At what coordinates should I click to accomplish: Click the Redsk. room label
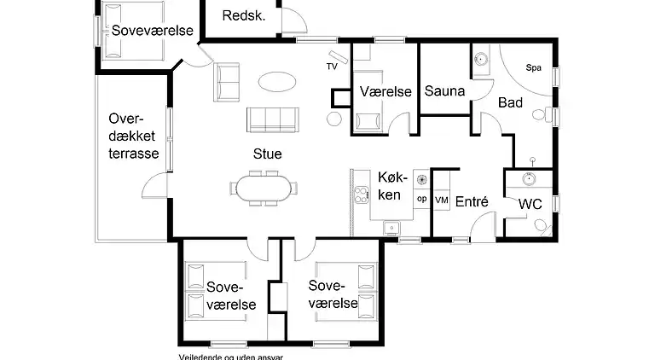click(x=244, y=15)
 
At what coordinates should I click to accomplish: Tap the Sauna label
click(x=443, y=91)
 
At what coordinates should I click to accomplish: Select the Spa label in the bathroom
click(x=534, y=67)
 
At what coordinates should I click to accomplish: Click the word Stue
click(x=266, y=154)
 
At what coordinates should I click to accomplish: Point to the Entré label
click(x=472, y=202)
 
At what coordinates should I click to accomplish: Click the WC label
click(x=530, y=205)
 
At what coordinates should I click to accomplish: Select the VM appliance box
click(x=441, y=200)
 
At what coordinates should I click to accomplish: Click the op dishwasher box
click(x=420, y=199)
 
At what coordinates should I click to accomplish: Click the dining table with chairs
click(x=264, y=189)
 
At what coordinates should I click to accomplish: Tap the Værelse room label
click(x=385, y=91)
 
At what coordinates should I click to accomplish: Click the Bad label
click(x=510, y=102)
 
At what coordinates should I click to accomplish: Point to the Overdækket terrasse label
click(x=134, y=136)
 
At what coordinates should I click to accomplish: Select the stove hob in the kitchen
click(x=420, y=179)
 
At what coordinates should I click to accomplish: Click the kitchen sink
click(x=392, y=228)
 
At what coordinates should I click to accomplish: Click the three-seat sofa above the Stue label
click(x=272, y=119)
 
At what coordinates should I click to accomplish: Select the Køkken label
click(x=389, y=186)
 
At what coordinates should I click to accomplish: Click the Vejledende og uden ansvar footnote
click(x=230, y=357)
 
